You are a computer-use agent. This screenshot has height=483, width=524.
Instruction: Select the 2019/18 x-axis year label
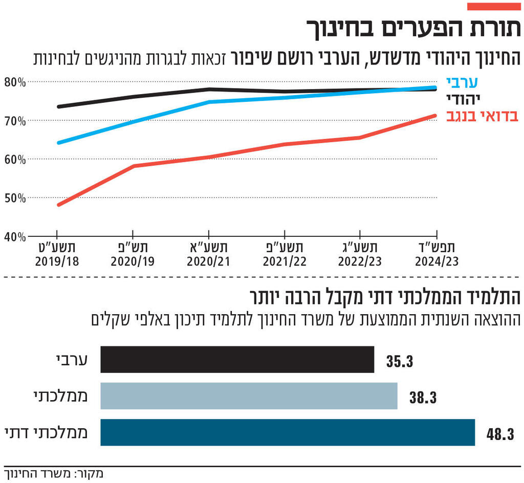[x=57, y=261]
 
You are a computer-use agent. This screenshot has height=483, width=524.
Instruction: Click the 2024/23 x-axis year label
[x=436, y=261]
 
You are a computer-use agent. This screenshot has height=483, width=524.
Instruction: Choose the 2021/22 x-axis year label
[x=285, y=261]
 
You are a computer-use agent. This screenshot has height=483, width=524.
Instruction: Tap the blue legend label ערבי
[x=462, y=82]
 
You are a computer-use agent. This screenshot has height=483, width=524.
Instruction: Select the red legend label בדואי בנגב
[x=483, y=116]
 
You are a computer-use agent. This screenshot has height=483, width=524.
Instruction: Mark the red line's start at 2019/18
[x=58, y=205]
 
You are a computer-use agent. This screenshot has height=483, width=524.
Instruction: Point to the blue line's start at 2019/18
[x=58, y=143]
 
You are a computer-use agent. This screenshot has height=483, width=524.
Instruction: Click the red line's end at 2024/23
[x=435, y=116]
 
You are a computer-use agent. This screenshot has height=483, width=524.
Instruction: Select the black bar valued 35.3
[x=237, y=359]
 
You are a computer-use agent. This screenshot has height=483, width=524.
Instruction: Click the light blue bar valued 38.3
[x=249, y=396]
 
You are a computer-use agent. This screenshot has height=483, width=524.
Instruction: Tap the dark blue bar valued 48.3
[x=287, y=432]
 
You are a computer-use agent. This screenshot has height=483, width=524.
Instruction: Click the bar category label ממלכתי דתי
[x=46, y=432]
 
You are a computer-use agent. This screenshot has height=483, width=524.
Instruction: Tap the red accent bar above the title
[x=494, y=6]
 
